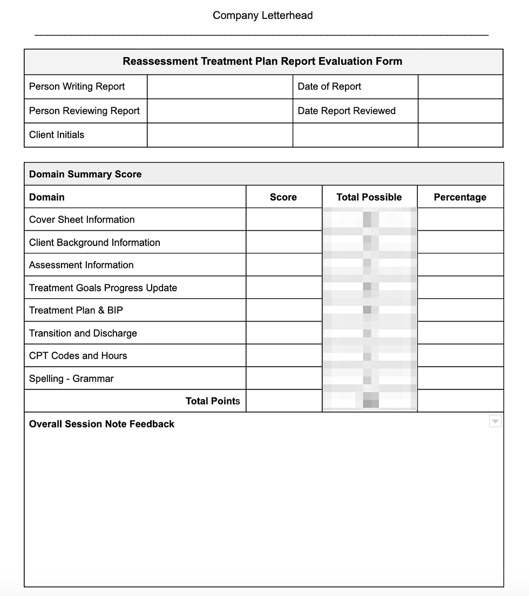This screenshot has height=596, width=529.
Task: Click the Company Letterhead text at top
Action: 262,16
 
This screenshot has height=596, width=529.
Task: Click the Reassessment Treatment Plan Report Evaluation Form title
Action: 262,61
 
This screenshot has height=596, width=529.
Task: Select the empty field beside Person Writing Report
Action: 220,87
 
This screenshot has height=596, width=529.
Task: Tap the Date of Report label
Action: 329,87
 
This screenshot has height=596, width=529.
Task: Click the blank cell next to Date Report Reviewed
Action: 460,111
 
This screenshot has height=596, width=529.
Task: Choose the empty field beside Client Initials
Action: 220,135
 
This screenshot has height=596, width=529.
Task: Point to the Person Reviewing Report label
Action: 84,111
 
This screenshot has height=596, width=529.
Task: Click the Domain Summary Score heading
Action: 85,174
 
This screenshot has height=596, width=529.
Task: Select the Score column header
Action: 283,197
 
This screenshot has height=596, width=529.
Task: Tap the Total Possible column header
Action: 369,197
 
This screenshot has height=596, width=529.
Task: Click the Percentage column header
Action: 460,197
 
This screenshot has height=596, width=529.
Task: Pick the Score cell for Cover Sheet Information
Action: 283,220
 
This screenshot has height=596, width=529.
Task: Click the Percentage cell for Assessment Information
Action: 460,265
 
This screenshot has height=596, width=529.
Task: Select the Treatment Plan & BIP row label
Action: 76,310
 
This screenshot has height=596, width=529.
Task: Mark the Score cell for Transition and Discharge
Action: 283,333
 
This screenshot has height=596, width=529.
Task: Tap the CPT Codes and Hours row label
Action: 78,356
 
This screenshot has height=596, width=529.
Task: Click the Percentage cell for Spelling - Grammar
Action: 460,379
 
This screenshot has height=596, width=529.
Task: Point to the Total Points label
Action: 213,401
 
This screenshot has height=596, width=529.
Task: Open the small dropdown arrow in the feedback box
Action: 495,421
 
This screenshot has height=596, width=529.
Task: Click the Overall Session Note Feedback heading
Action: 101,424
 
